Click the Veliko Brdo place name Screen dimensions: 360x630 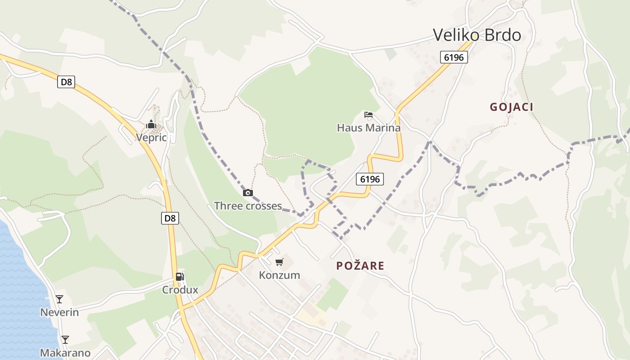477,35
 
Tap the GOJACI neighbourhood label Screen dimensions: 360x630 511,107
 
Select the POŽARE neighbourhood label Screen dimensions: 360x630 360,266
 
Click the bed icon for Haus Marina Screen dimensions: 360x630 369,115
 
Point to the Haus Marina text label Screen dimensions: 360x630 369,128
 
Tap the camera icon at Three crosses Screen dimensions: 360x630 247,193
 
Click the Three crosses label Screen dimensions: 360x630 248,206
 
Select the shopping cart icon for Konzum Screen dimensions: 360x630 279,262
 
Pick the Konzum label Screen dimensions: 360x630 279,275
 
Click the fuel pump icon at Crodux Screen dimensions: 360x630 180,276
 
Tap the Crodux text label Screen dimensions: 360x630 180,290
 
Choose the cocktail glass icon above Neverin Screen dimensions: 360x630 59,299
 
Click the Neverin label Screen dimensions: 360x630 59,312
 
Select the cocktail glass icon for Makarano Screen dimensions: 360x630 65,339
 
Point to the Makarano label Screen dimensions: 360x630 65,353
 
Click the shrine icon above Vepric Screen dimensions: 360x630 151,124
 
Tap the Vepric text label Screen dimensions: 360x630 151,138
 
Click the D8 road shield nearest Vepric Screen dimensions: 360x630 66,82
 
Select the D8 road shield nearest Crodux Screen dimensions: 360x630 170,218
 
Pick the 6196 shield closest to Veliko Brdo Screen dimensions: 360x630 454,57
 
